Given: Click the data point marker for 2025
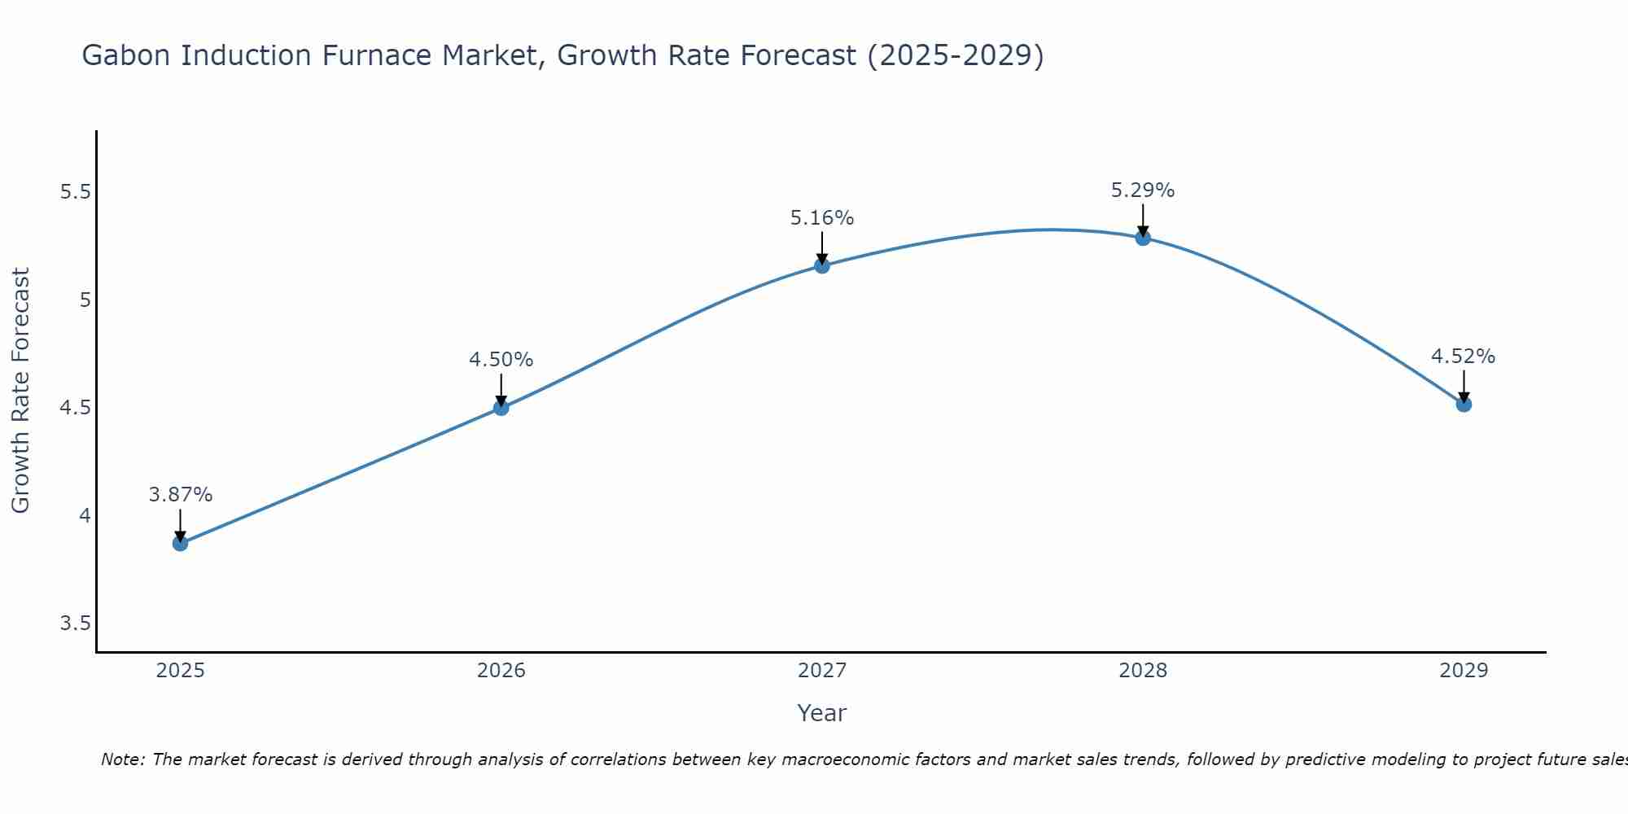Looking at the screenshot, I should click(180, 543).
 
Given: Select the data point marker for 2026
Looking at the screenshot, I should click(501, 407).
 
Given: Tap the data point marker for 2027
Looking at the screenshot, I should click(822, 265).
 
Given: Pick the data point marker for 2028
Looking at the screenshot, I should click(1143, 238).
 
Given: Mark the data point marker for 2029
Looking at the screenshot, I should click(1464, 404).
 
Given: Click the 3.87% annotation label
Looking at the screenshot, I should click(180, 495).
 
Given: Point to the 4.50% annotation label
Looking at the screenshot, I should click(501, 360).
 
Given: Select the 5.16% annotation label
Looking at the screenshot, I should click(822, 218).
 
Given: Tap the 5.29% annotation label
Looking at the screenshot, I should click(1143, 190).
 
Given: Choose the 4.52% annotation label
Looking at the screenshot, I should click(1464, 357).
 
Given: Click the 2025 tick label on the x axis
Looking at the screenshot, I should click(180, 671).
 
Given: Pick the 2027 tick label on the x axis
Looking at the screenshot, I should click(822, 671).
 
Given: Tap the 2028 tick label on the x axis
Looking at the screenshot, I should click(1143, 671).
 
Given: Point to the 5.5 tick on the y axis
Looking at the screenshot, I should click(75, 193).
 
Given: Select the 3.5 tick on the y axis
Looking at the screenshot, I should click(75, 624).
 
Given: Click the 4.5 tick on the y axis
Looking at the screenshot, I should click(75, 408).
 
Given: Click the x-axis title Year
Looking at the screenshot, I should click(822, 713).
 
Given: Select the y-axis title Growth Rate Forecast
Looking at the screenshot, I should click(21, 391).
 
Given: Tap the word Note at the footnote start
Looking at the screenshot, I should click(122, 759).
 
